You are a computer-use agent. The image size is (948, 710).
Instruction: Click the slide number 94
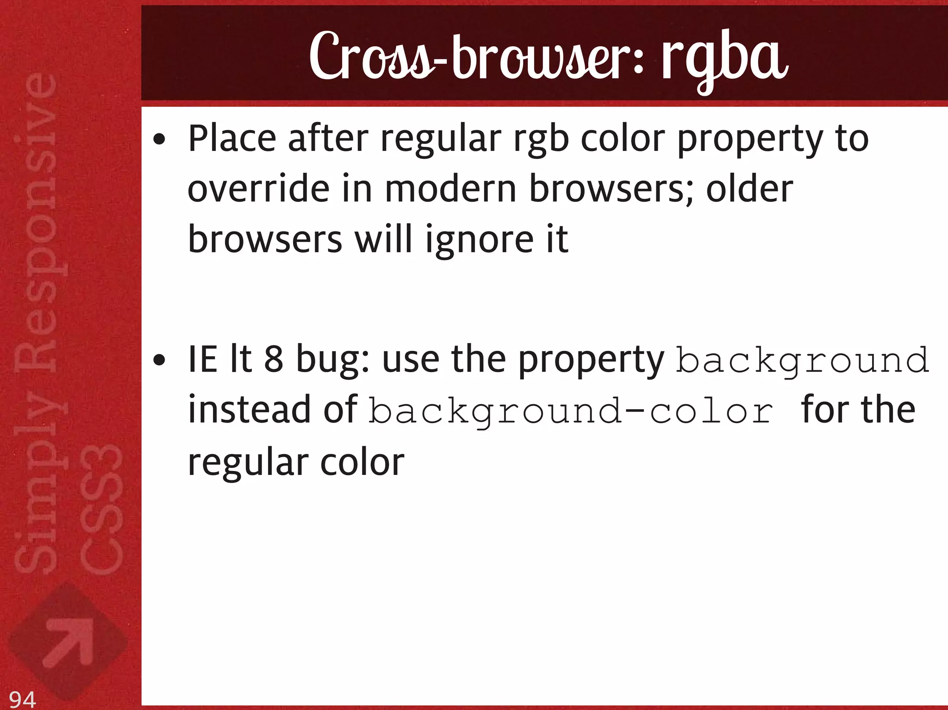click(22, 699)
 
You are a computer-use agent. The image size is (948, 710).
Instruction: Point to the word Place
click(232, 139)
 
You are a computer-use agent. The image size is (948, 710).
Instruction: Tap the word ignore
click(480, 241)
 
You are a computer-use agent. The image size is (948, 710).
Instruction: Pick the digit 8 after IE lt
click(274, 360)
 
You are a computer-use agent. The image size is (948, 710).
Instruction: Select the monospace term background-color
click(571, 411)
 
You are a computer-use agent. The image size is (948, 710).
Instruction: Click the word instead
click(249, 410)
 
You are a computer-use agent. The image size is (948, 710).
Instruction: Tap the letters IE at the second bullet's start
click(202, 360)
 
